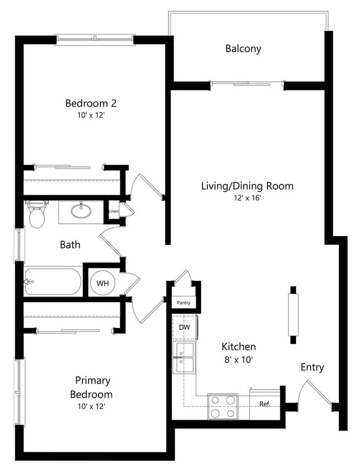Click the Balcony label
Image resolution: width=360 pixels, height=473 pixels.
click(243, 49)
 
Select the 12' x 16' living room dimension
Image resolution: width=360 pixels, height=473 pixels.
click(247, 197)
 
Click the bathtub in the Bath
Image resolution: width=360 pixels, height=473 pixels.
click(53, 282)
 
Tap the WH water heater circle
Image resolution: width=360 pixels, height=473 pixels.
click(102, 283)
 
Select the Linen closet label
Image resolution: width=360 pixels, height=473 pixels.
click(114, 211)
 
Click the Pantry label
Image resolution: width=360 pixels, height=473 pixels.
click(184, 303)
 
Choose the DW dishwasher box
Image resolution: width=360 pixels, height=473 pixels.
click(184, 327)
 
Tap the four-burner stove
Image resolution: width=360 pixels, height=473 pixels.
click(222, 407)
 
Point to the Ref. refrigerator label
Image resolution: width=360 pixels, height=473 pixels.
click(264, 404)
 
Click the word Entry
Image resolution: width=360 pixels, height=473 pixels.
click(312, 367)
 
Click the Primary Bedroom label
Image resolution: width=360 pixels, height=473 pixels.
click(91, 387)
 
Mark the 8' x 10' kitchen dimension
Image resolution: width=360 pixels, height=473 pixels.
click(239, 359)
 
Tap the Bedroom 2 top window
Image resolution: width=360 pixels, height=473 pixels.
click(95, 39)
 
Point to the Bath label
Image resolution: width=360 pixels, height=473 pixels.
click(70, 244)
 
